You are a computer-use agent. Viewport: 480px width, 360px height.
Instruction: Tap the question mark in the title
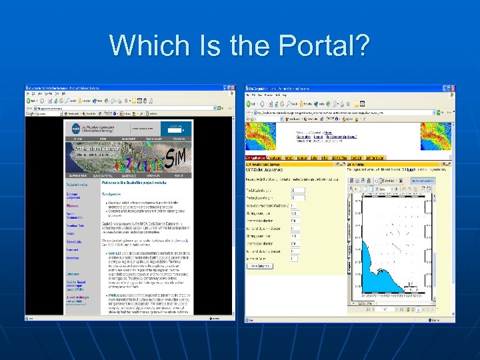tap(361, 45)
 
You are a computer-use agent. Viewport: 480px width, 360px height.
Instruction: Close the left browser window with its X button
tap(231, 88)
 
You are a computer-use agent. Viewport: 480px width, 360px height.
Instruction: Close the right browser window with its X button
tap(452, 88)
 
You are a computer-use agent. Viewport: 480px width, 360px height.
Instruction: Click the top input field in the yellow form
tap(298, 190)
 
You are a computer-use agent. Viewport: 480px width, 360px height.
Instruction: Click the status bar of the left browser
tap(127, 319)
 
